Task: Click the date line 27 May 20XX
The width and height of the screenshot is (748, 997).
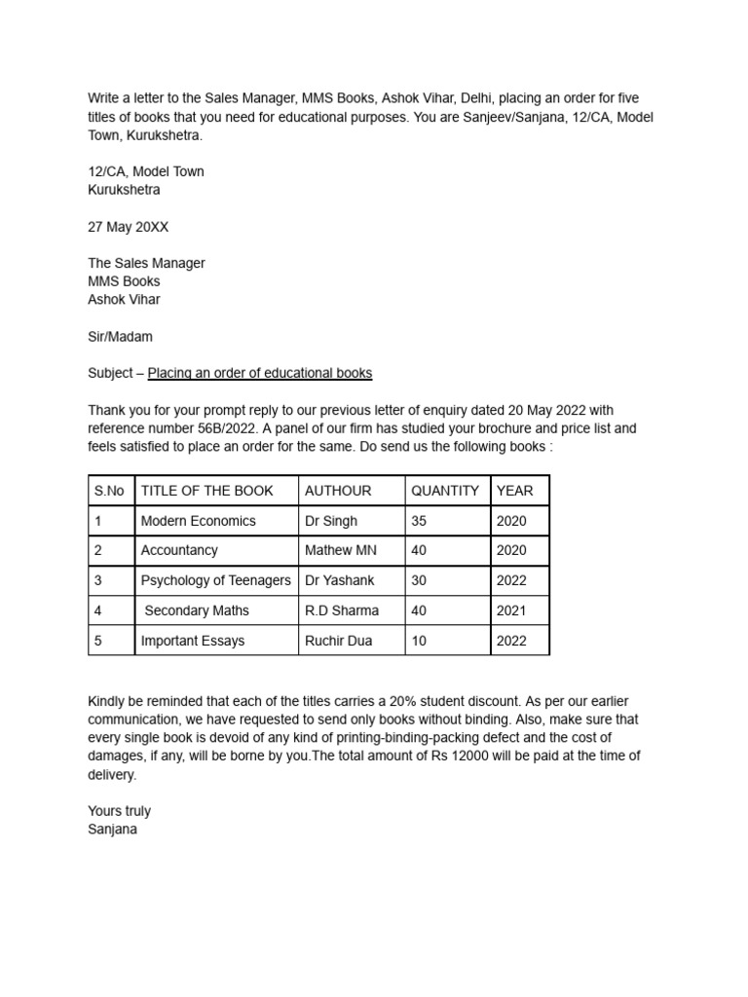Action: click(128, 226)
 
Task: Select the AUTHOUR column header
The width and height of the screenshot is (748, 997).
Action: click(338, 491)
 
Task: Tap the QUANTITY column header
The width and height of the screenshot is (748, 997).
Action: click(445, 491)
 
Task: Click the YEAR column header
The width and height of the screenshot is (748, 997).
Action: click(514, 491)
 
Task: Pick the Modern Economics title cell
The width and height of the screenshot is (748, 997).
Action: click(198, 521)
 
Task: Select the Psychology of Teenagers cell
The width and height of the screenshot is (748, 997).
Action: click(215, 580)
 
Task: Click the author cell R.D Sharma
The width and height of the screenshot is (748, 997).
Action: click(342, 610)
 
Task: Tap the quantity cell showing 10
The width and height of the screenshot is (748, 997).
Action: click(419, 641)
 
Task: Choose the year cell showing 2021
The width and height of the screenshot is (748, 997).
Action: click(511, 610)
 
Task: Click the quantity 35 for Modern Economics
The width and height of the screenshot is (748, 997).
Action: click(419, 521)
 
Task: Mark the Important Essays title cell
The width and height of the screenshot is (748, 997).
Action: click(193, 641)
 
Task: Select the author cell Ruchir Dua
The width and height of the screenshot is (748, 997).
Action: click(338, 641)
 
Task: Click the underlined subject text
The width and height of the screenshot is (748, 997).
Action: click(259, 373)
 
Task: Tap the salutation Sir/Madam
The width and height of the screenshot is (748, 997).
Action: click(120, 336)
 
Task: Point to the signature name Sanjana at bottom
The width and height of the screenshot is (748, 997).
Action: click(112, 830)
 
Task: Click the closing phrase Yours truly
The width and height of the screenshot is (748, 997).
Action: click(119, 811)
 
